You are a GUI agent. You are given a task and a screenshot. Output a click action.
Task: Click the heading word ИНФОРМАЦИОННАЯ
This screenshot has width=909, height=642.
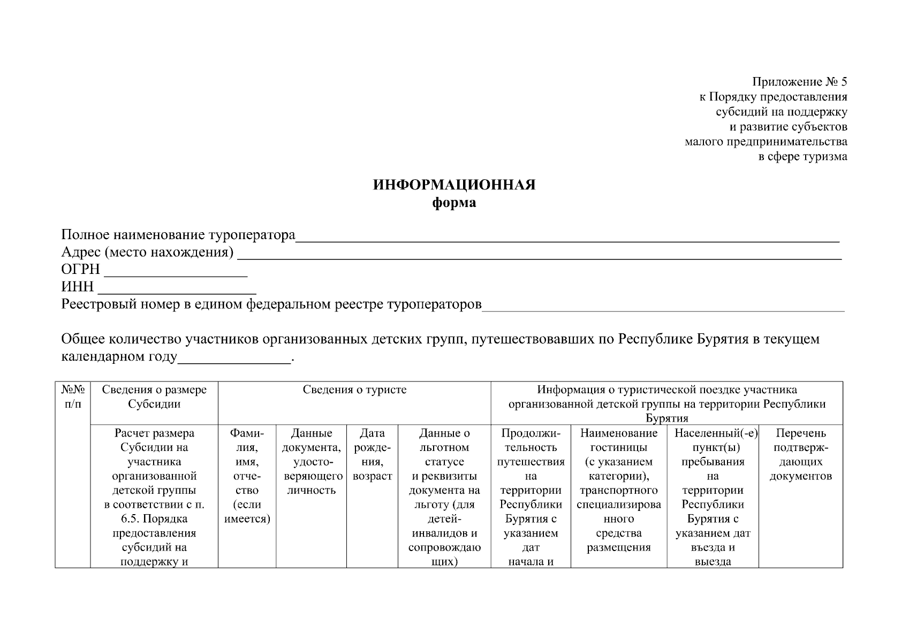454,185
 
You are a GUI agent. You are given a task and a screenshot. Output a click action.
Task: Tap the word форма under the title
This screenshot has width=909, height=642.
454,203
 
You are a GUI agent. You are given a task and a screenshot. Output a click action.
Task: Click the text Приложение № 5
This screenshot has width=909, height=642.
800,82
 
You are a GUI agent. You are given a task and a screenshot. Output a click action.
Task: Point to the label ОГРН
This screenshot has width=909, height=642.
81,270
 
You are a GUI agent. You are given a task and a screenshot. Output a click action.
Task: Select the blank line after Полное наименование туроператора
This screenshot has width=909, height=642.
567,240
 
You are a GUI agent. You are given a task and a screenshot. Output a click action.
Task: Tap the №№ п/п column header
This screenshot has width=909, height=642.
73,397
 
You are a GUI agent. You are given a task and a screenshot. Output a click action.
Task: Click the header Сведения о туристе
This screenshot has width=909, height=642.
354,390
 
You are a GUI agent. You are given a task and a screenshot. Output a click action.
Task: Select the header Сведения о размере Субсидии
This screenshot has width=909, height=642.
154,397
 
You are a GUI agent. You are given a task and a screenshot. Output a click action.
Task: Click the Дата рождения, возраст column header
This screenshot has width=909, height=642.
372,455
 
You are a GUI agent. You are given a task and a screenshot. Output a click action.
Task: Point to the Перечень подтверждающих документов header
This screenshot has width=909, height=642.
800,455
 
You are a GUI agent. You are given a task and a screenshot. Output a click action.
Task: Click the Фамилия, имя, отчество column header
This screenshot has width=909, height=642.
247,476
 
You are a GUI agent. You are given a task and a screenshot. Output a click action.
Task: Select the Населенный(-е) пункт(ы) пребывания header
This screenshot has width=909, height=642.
713,447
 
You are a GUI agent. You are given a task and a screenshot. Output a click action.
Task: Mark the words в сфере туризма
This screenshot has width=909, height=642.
803,157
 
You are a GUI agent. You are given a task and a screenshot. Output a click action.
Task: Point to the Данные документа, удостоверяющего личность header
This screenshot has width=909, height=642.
311,461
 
